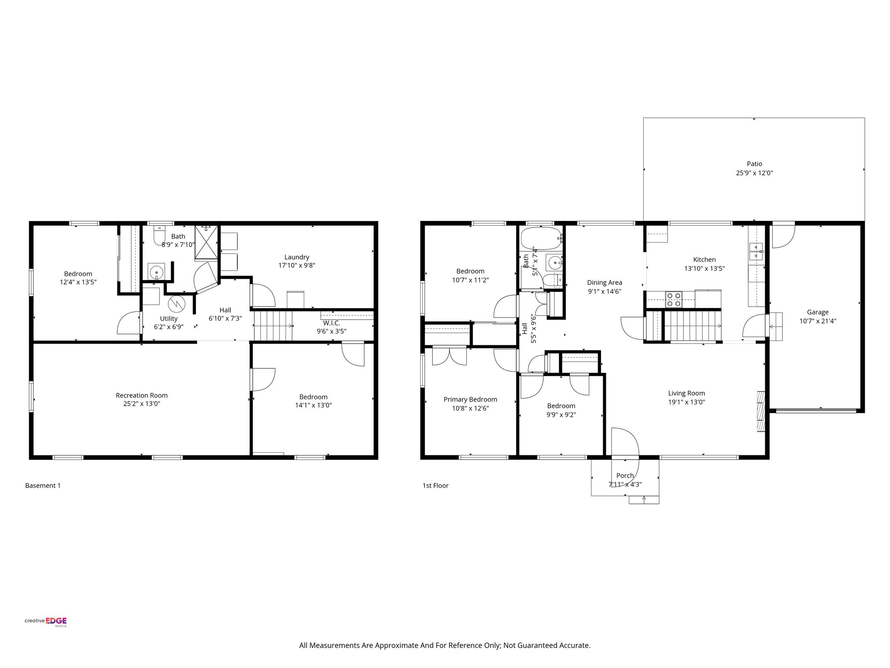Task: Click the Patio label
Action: tap(754, 164)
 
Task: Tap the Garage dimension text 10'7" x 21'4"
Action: tap(817, 321)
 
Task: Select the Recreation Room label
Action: tap(142, 395)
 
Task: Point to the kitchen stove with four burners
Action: tap(674, 299)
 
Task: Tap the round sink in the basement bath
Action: tap(156, 272)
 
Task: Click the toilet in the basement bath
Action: tap(160, 235)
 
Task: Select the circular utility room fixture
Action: tap(177, 303)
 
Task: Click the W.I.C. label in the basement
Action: tap(331, 323)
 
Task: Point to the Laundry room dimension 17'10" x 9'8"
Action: tap(296, 265)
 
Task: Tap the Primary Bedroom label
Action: tap(470, 399)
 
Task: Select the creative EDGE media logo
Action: tap(46, 621)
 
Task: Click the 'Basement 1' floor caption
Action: tap(43, 485)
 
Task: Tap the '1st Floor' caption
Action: tap(435, 485)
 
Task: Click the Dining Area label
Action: tap(604, 282)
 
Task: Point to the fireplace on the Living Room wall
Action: tap(760, 411)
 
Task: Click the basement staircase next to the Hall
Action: tap(273, 326)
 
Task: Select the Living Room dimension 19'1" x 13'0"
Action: tap(687, 402)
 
